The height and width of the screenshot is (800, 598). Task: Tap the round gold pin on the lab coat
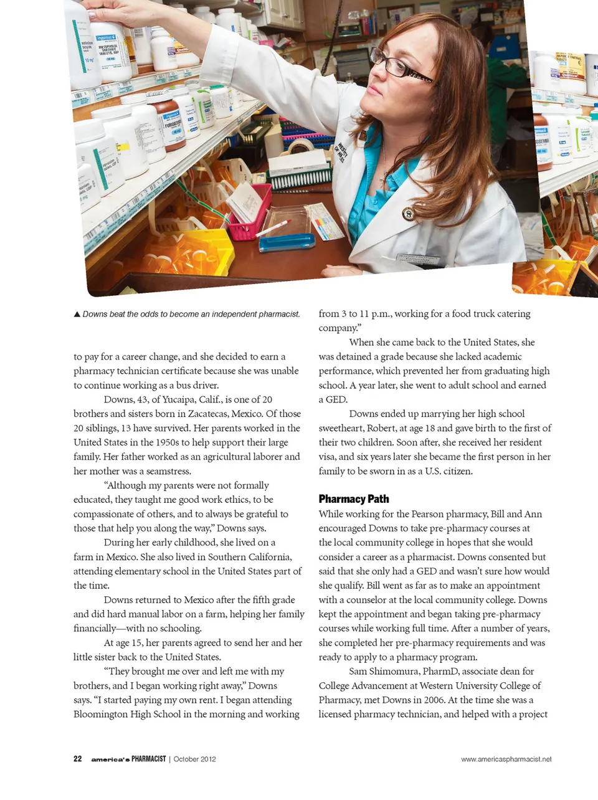pyautogui.click(x=408, y=214)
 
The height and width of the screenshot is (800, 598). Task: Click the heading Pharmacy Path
pyautogui.click(x=353, y=498)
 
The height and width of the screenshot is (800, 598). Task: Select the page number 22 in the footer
pyautogui.click(x=78, y=759)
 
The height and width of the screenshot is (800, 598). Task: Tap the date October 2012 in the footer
pyautogui.click(x=194, y=759)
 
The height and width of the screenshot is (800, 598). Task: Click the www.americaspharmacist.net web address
pyautogui.click(x=506, y=759)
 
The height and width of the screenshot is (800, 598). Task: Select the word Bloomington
pyautogui.click(x=100, y=714)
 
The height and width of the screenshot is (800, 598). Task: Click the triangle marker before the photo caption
pyautogui.click(x=77, y=314)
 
